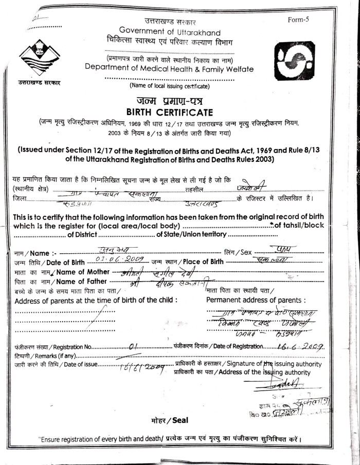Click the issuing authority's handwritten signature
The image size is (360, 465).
click(283, 383)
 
